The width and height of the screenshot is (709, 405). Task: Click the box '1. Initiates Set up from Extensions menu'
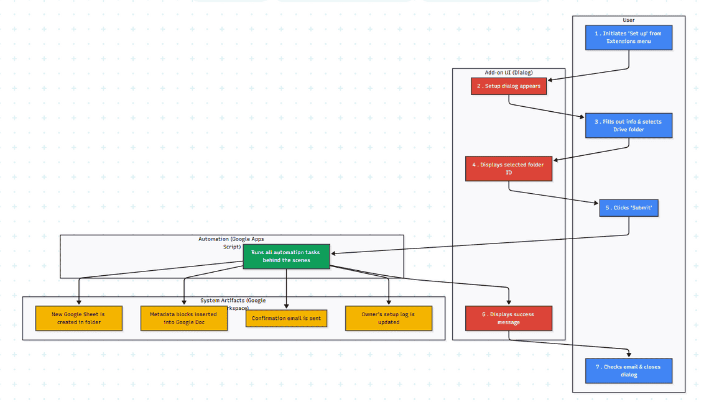(x=628, y=37)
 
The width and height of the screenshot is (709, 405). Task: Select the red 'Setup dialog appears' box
(x=509, y=86)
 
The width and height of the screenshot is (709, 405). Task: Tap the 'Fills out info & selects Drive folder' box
(x=628, y=125)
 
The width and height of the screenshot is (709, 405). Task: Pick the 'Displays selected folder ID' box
(x=509, y=168)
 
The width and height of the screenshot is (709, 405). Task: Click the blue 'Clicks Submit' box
(x=628, y=208)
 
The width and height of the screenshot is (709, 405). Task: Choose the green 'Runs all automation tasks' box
(x=285, y=256)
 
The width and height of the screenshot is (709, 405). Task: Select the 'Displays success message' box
(x=509, y=318)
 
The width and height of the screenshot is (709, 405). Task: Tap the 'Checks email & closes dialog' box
(x=628, y=371)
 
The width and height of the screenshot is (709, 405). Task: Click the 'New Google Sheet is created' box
(x=78, y=318)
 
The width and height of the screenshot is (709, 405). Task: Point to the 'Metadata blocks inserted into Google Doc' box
(x=183, y=318)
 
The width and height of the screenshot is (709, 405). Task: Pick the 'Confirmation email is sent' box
(x=286, y=319)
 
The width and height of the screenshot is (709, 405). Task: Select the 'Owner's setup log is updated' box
(x=389, y=318)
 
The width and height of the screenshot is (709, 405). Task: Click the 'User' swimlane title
(x=628, y=20)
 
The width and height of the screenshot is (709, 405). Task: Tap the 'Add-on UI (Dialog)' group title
(x=508, y=73)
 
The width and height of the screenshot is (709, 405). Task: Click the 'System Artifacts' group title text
(x=233, y=301)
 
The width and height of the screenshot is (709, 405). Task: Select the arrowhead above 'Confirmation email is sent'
(x=286, y=305)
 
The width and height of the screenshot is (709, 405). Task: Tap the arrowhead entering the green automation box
(x=333, y=253)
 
